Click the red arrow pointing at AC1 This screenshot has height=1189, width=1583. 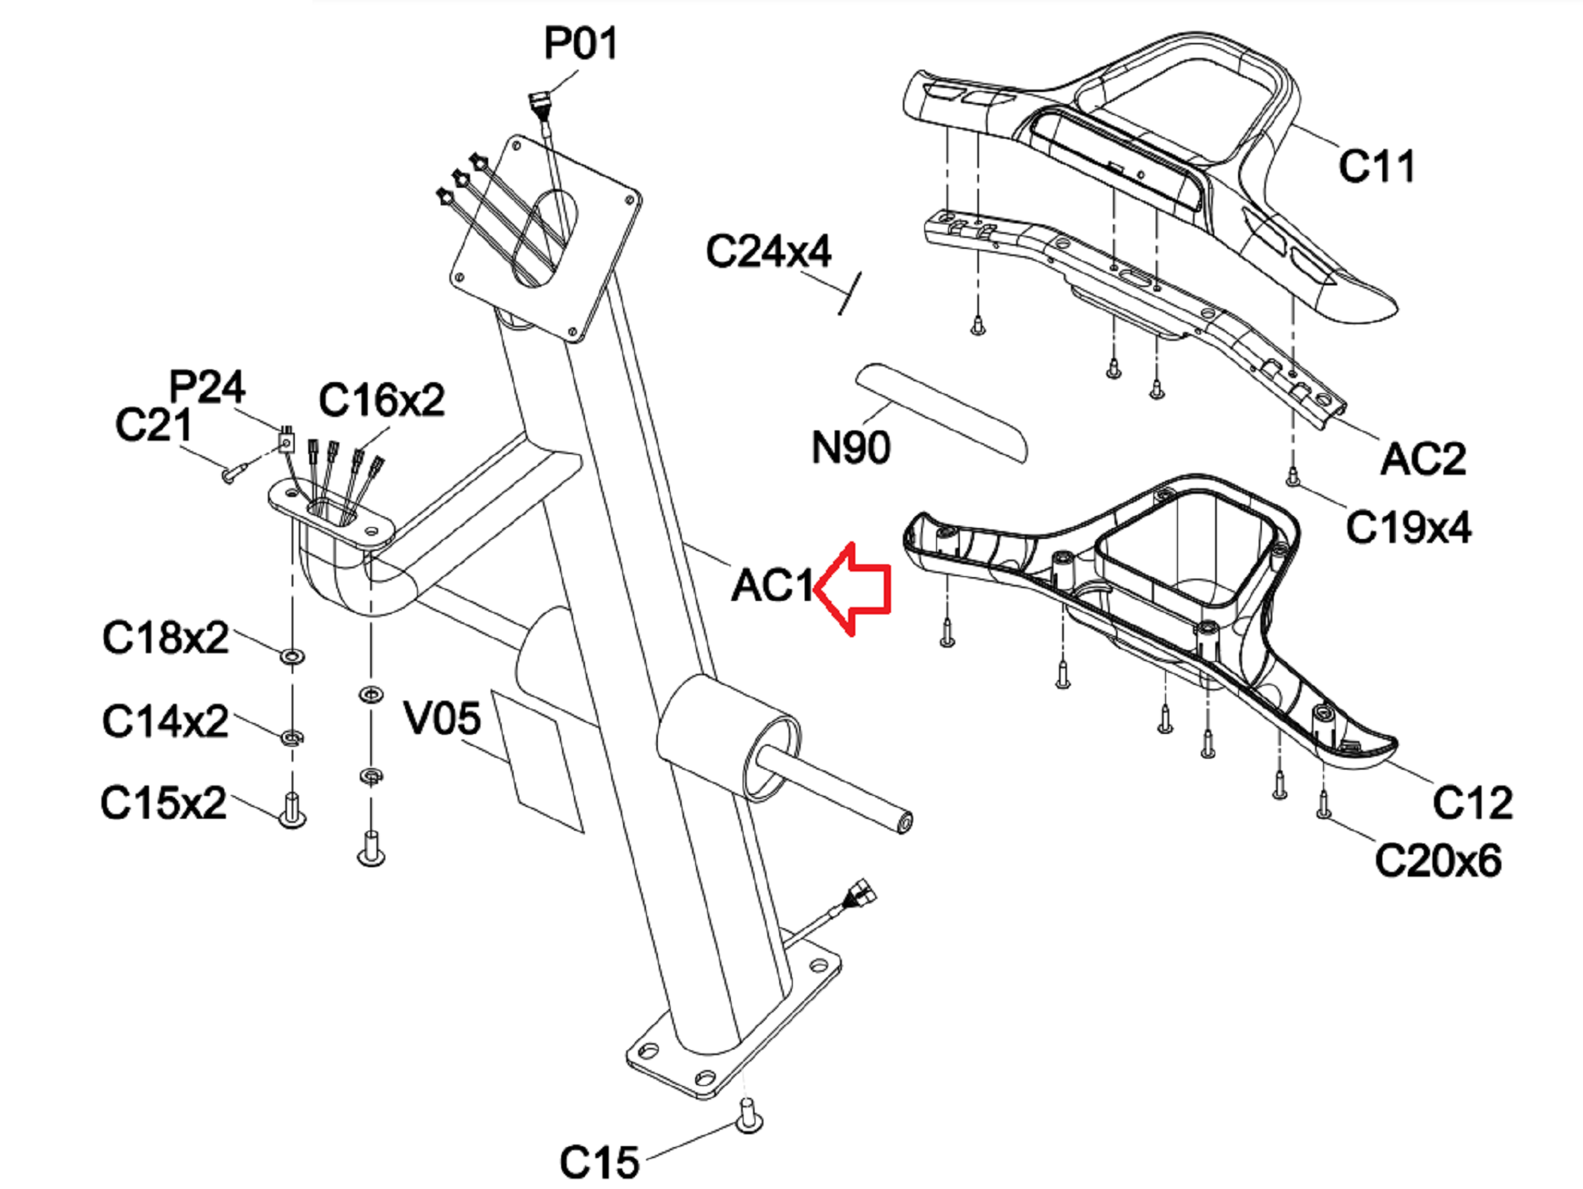(852, 589)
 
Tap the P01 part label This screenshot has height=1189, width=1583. (580, 44)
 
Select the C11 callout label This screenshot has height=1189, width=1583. (1376, 166)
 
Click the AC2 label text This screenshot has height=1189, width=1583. (1423, 459)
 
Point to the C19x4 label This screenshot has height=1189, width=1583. (1409, 527)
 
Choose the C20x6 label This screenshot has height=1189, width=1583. (1438, 860)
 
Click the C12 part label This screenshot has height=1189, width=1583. (1472, 802)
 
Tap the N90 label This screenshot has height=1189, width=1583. (851, 448)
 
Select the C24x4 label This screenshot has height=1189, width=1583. (768, 251)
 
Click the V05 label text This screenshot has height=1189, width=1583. (442, 718)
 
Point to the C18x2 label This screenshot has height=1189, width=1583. (165, 637)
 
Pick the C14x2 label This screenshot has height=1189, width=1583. (165, 721)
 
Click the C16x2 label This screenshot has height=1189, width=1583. (381, 400)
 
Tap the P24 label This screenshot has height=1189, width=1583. (207, 387)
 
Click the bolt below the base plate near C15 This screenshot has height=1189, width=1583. (749, 1115)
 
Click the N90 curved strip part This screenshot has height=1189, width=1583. (941, 412)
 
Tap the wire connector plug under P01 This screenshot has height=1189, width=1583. (539, 102)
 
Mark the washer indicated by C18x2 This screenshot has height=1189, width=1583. (293, 656)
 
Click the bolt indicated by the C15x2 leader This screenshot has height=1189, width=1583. (293, 810)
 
